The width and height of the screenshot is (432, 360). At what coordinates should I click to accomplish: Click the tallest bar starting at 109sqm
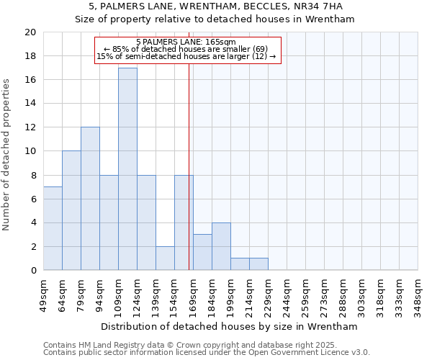pyautogui.click(x=127, y=169)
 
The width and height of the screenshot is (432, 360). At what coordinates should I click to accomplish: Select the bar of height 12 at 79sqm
pyautogui.click(x=90, y=199)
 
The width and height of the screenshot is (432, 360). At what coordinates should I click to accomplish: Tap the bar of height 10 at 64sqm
pyautogui.click(x=71, y=210)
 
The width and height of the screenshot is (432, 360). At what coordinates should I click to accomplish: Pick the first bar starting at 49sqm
pyautogui.click(x=53, y=228)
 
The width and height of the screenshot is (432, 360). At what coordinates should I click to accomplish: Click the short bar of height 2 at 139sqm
pyautogui.click(x=165, y=258)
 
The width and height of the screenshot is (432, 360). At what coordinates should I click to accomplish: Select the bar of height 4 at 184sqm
pyautogui.click(x=221, y=246)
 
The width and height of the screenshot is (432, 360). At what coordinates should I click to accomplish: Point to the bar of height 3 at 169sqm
pyautogui.click(x=202, y=252)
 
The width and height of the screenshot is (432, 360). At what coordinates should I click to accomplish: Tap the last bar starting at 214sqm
pyautogui.click(x=258, y=264)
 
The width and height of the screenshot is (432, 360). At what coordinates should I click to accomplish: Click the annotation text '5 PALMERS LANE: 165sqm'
pyautogui.click(x=186, y=42)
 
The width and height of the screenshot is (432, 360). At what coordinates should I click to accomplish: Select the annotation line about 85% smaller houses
pyautogui.click(x=186, y=50)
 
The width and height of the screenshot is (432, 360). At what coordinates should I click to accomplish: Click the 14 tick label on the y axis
pyautogui.click(x=30, y=104)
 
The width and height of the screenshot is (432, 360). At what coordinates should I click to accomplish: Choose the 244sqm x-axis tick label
pyautogui.click(x=287, y=294)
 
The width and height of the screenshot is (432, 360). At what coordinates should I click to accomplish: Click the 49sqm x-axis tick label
pyautogui.click(x=43, y=294)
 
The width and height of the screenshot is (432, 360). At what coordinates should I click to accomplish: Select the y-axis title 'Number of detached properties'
pyautogui.click(x=7, y=151)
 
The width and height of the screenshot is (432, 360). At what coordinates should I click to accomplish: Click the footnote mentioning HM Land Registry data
pyautogui.click(x=205, y=345)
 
